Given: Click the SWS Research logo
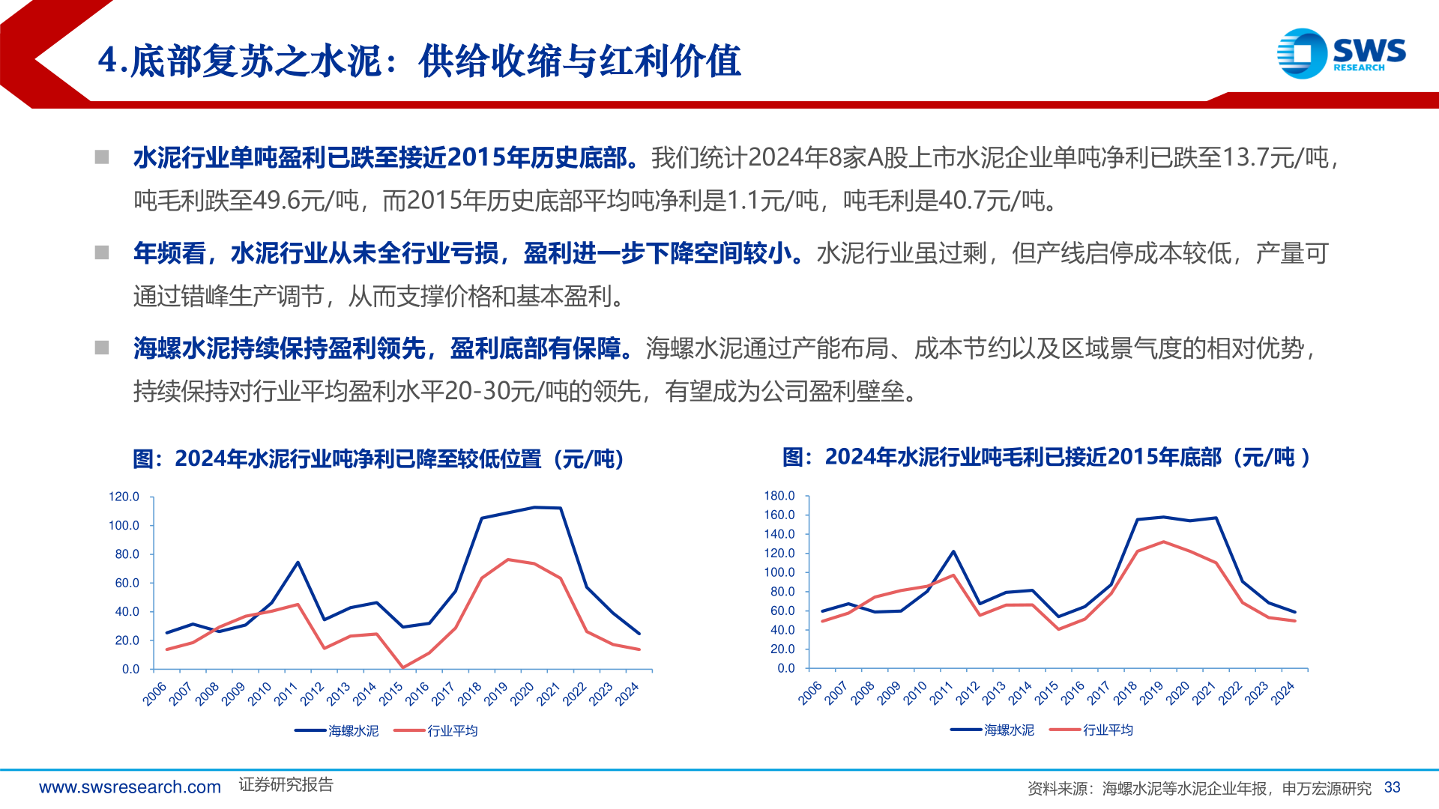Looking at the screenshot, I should (1341, 53).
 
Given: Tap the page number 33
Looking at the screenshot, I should (1392, 787).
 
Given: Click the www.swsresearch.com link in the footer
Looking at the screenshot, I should (130, 787).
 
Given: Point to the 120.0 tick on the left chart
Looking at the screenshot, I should (124, 497).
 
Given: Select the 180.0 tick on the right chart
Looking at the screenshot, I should (779, 496).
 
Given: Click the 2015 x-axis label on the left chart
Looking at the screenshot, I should (391, 694).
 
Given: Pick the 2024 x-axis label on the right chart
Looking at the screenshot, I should (1283, 693).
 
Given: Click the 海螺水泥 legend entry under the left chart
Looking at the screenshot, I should (353, 730).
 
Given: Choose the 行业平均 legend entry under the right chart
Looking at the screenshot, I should (1108, 730).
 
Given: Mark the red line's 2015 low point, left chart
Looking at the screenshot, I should (403, 667).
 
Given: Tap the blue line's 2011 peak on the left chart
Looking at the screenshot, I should (298, 563).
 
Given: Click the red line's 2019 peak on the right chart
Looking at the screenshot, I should (1163, 542).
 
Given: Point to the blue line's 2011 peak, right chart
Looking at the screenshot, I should (953, 551).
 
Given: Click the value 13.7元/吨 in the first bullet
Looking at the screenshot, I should (1274, 158).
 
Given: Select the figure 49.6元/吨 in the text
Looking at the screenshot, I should (306, 201).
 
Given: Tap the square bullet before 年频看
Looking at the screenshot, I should (102, 253).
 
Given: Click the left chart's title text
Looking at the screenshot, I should (378, 458).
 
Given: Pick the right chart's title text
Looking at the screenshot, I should (1046, 457).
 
